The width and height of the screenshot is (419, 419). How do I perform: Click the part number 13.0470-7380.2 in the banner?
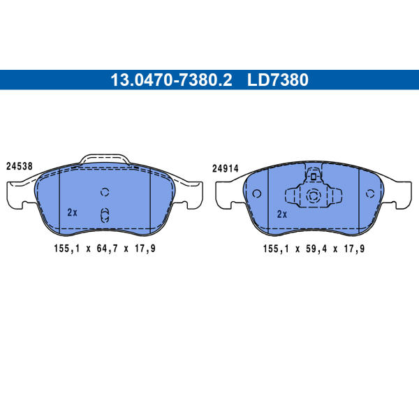click(171, 80)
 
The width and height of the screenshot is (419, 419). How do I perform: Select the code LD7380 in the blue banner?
click(278, 80)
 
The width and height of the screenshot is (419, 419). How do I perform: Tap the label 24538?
click(20, 166)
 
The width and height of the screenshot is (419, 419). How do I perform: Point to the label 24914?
click(226, 168)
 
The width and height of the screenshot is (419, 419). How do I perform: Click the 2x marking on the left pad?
click(72, 212)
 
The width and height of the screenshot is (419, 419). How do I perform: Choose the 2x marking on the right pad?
click(282, 214)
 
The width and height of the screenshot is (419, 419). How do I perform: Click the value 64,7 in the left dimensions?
click(107, 249)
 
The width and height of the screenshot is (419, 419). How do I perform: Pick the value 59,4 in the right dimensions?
click(316, 249)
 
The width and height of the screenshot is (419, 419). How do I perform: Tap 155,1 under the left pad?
click(67, 249)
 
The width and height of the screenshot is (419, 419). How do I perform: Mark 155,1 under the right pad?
click(276, 249)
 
